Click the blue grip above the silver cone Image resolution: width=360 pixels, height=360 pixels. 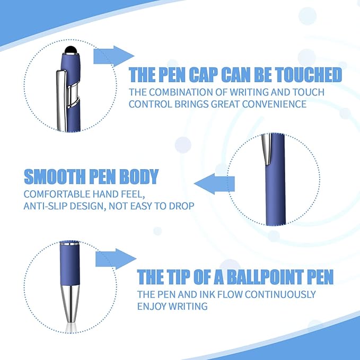pyautogui.click(x=69, y=265)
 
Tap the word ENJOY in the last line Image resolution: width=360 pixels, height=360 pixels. pyautogui.click(x=152, y=306)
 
